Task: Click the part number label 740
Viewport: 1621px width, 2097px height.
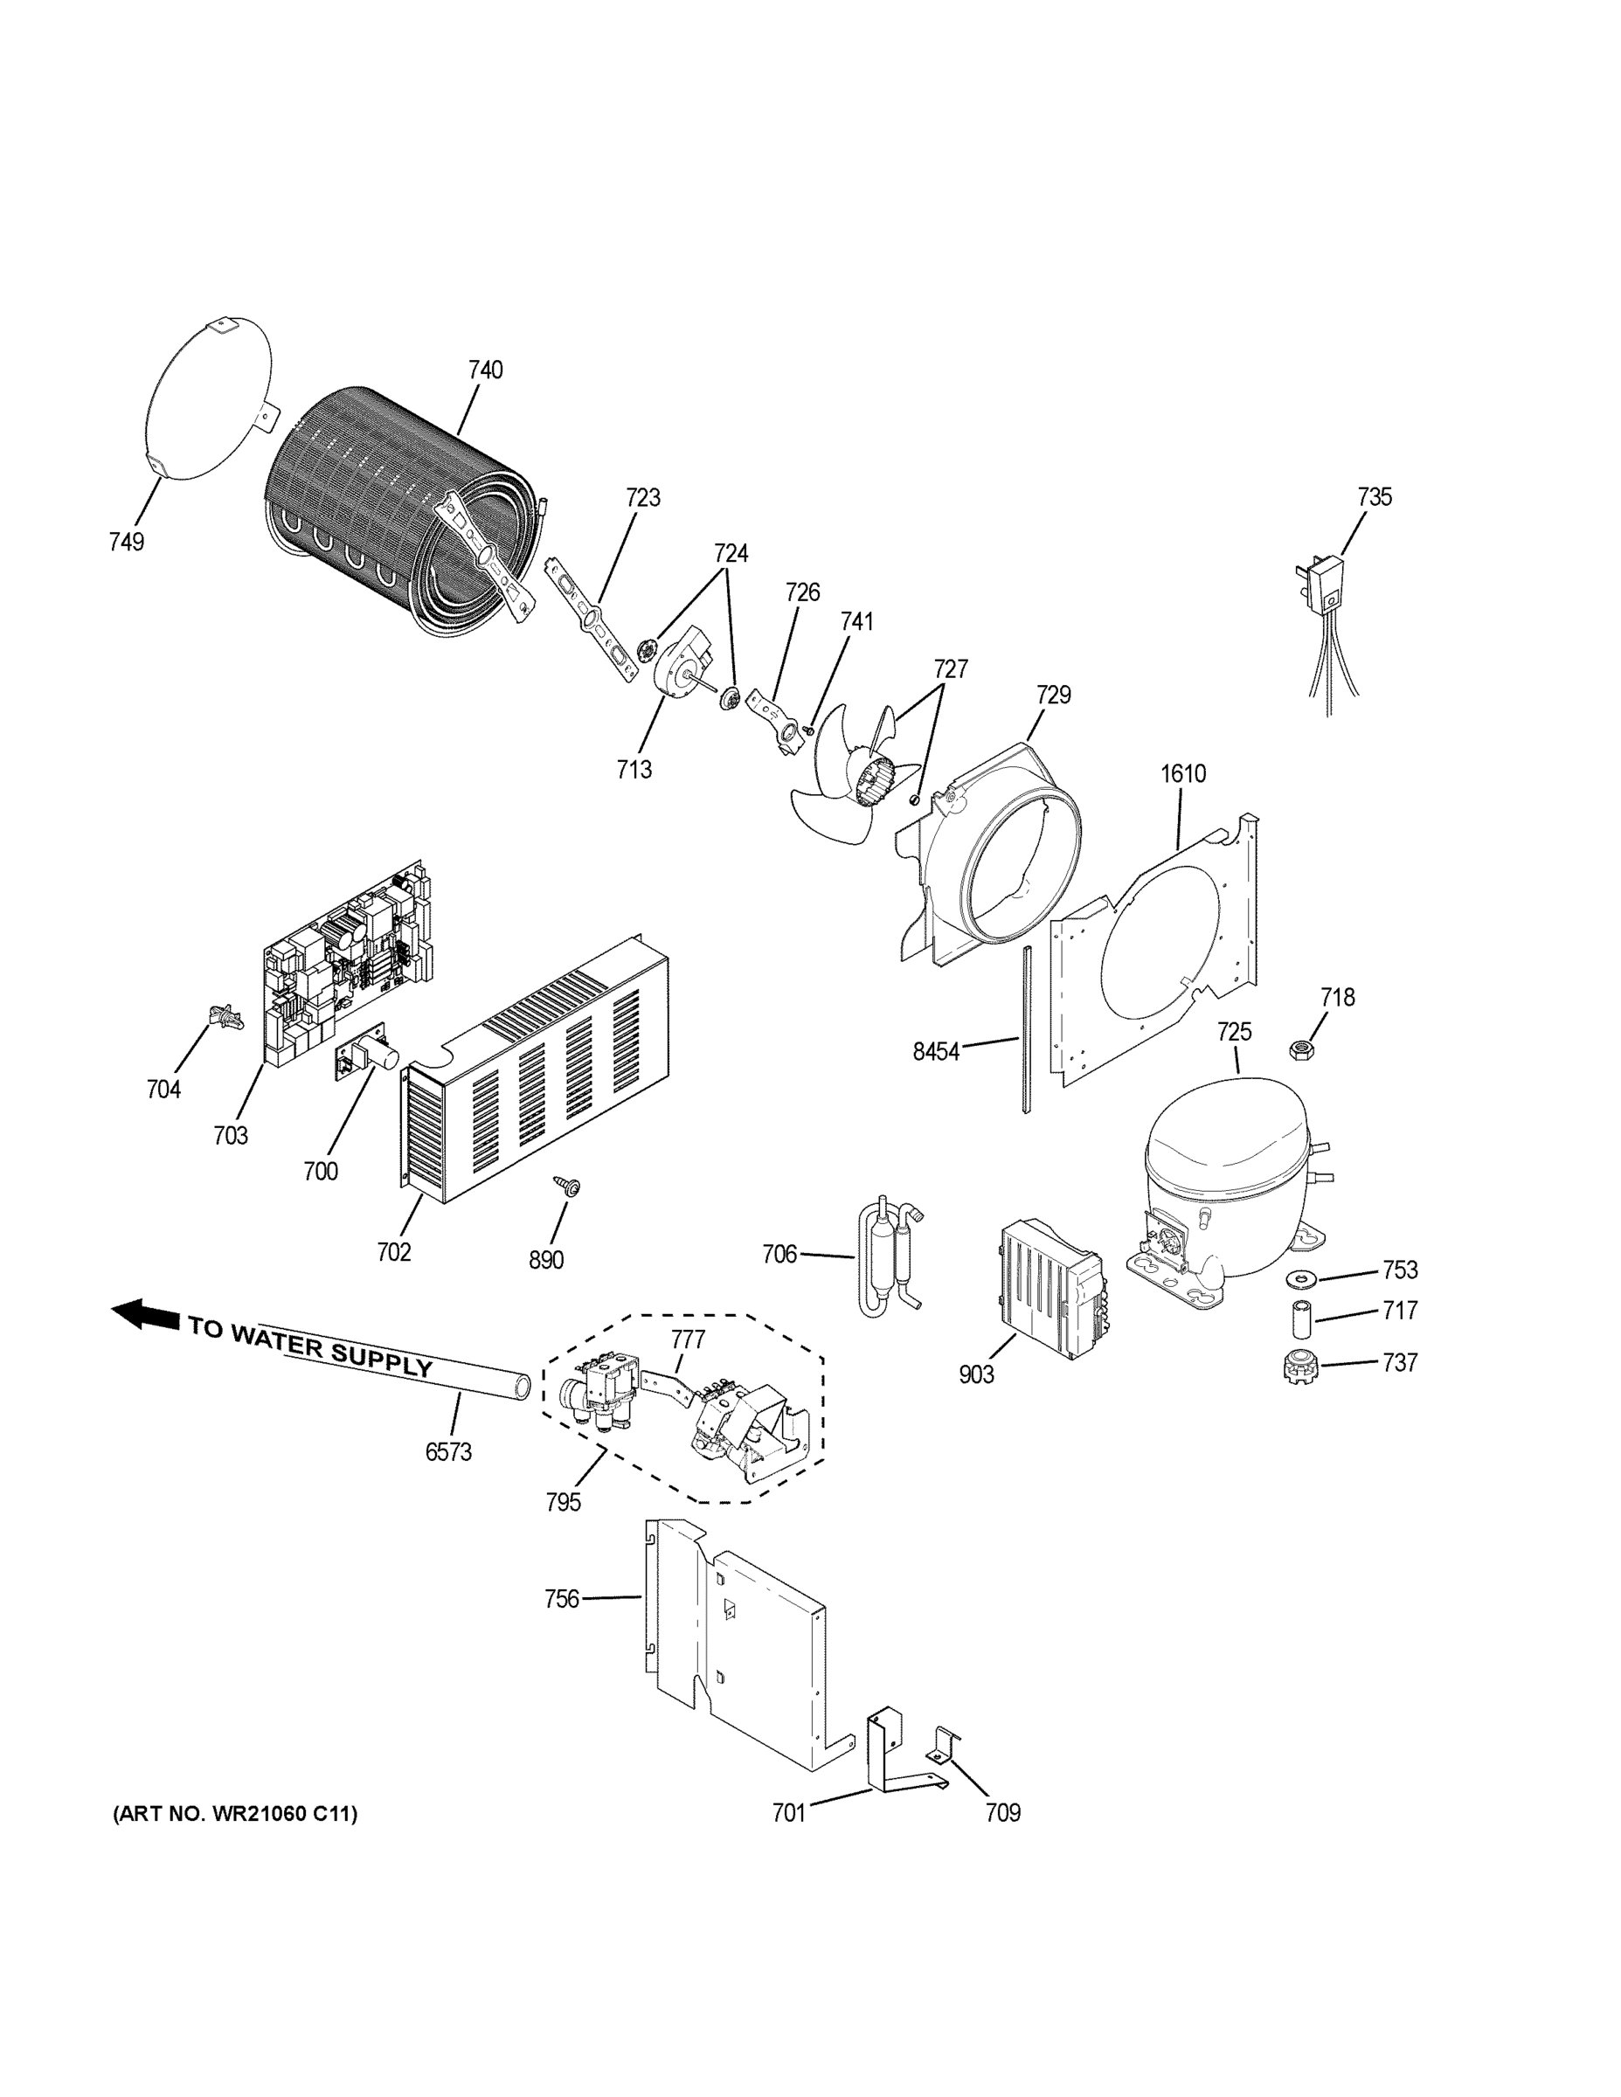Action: pos(485,370)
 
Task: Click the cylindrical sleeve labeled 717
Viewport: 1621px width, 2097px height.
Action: pos(1301,1320)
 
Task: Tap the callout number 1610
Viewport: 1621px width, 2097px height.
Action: pos(1183,773)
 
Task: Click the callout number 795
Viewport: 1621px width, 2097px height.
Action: pos(564,1502)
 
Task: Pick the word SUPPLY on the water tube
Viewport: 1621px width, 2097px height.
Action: pos(382,1357)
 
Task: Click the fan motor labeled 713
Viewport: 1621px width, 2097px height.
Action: pos(683,669)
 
